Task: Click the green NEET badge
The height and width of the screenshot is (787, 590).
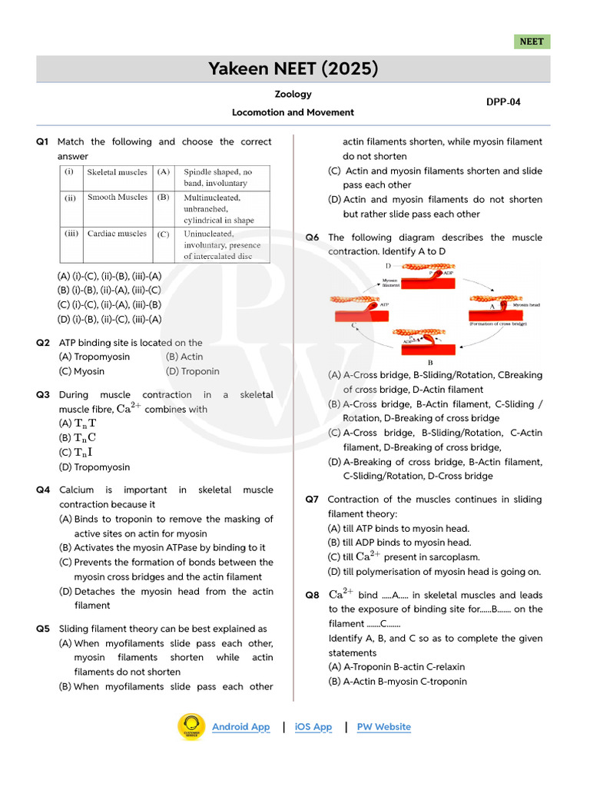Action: [532, 42]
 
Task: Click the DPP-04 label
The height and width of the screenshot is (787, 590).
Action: [503, 101]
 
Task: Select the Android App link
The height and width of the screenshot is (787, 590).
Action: [240, 726]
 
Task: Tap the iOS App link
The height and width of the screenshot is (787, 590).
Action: [313, 726]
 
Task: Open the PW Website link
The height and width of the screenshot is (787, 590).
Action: [383, 726]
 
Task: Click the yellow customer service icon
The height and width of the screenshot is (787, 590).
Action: [191, 727]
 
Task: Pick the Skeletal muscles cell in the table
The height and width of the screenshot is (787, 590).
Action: [116, 172]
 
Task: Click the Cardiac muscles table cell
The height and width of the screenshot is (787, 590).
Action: [116, 234]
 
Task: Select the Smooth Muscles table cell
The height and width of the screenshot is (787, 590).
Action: [117, 198]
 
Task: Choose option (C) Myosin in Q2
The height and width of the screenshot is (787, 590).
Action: [81, 371]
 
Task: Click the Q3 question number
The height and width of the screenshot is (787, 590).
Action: [43, 394]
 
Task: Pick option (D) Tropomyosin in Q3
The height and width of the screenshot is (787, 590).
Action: [94, 467]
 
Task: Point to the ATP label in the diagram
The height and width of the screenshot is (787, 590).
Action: [385, 304]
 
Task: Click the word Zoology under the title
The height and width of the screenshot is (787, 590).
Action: [293, 94]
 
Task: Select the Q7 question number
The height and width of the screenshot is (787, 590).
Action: [312, 499]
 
